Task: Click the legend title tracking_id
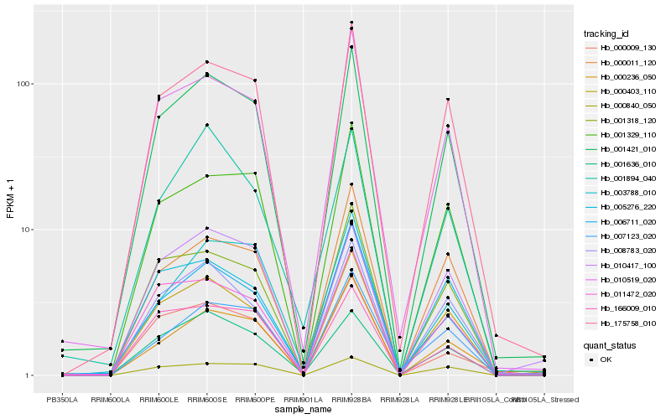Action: tap(606, 34)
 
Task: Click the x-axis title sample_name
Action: tap(301, 408)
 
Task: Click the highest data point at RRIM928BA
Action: tap(351, 23)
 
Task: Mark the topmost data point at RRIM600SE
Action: tap(206, 62)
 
